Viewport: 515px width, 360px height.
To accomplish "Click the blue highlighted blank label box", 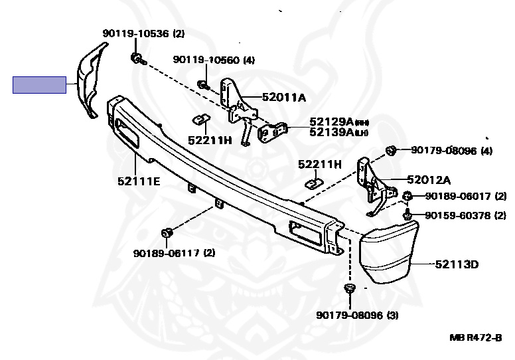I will [x=39, y=85].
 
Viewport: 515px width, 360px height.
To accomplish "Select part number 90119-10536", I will [x=137, y=33].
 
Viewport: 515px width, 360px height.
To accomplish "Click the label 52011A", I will [x=283, y=98].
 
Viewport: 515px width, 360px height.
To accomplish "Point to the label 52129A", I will [x=331, y=122].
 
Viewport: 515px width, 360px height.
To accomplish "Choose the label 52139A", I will [x=331, y=132].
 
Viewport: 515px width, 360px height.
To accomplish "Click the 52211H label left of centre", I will [x=209, y=140].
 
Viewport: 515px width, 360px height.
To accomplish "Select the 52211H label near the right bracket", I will [x=319, y=164].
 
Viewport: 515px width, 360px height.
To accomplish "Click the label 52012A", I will [x=429, y=179].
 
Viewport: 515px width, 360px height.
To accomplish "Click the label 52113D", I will [x=457, y=264].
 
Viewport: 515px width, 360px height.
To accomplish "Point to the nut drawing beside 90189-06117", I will [x=167, y=233].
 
